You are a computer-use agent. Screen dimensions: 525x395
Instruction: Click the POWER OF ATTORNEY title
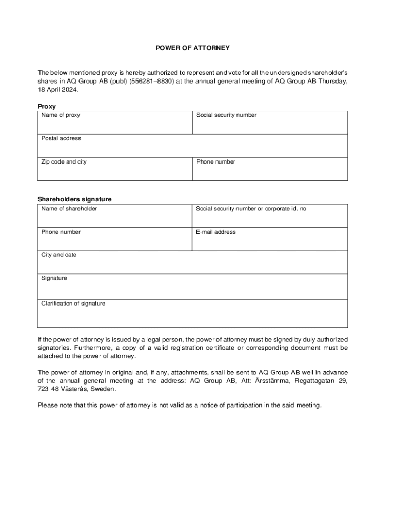click(193, 48)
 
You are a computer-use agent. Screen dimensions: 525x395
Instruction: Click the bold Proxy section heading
click(47, 107)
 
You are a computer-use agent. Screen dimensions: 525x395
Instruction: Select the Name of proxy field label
click(61, 115)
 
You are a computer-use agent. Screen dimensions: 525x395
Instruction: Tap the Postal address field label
click(61, 138)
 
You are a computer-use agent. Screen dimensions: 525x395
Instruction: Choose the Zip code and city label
click(64, 162)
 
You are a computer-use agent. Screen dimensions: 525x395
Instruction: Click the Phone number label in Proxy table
click(216, 162)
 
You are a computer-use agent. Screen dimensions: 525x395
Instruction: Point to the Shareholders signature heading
click(74, 199)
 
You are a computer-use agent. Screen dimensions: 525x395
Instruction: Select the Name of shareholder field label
click(69, 209)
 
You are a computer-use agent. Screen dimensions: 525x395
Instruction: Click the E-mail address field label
click(216, 232)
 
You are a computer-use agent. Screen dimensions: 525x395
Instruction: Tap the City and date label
click(59, 255)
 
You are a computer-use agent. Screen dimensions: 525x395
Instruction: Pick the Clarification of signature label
click(73, 304)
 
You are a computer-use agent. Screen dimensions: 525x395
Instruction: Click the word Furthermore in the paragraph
click(96, 348)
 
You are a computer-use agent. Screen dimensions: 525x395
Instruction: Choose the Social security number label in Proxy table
click(226, 115)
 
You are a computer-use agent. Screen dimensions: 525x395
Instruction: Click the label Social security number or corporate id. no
click(251, 209)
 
